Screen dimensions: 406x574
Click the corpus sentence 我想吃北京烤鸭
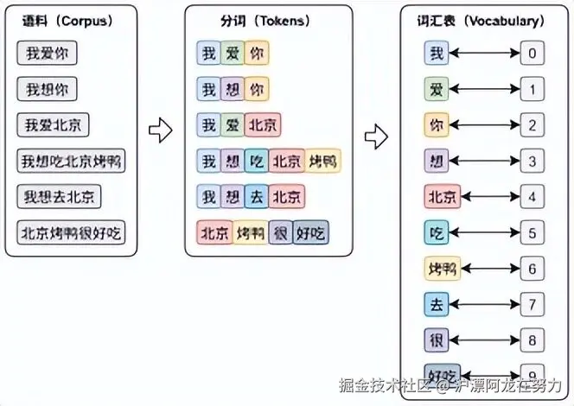pyautogui.click(x=72, y=161)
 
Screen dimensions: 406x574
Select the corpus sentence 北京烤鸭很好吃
pyautogui.click(x=72, y=232)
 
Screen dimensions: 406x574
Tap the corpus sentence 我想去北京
pyautogui.click(x=59, y=196)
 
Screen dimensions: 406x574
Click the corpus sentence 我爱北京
pyautogui.click(x=53, y=125)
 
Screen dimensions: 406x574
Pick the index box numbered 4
pyautogui.click(x=533, y=196)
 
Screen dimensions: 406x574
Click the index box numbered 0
pyautogui.click(x=533, y=54)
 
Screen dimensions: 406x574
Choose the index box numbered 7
pyautogui.click(x=533, y=303)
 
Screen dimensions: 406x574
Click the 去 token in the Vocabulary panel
pyautogui.click(x=437, y=303)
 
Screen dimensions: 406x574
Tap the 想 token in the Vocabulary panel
pyautogui.click(x=437, y=161)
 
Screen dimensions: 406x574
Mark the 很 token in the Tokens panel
pyautogui.click(x=280, y=232)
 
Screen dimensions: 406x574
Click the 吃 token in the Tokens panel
pyautogui.click(x=257, y=161)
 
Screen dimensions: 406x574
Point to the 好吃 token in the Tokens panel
pyautogui.click(x=310, y=232)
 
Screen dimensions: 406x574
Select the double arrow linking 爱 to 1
pyautogui.click(x=484, y=89)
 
